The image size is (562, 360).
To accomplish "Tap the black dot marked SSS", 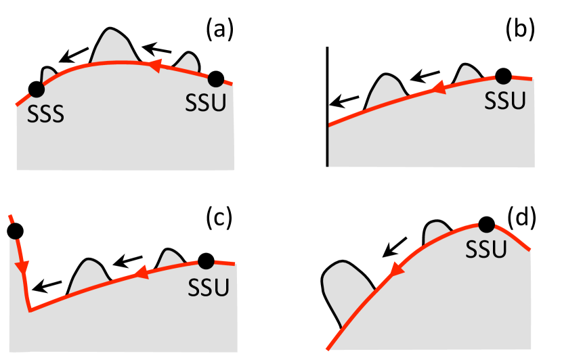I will coord(36,88).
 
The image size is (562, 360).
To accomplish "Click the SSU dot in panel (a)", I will coord(216,79).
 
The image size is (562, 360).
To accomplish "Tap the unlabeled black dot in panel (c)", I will coord(15,231).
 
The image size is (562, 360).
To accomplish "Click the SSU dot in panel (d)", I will coord(485,225).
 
